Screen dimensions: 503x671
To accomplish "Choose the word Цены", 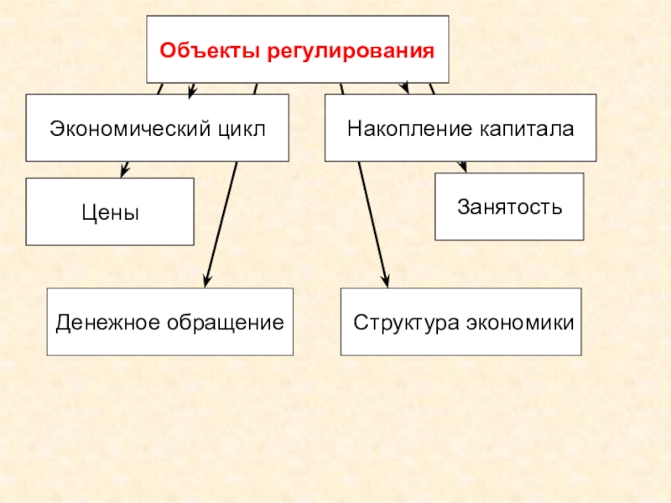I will point(110,213).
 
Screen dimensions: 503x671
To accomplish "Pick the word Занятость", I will point(509,206).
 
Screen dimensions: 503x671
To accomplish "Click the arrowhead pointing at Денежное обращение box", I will point(207,281).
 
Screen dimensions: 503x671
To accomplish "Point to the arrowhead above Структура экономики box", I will point(386,281).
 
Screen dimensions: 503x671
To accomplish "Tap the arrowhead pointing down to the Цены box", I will point(124,172).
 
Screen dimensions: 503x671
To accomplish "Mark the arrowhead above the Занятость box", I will point(462,167).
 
